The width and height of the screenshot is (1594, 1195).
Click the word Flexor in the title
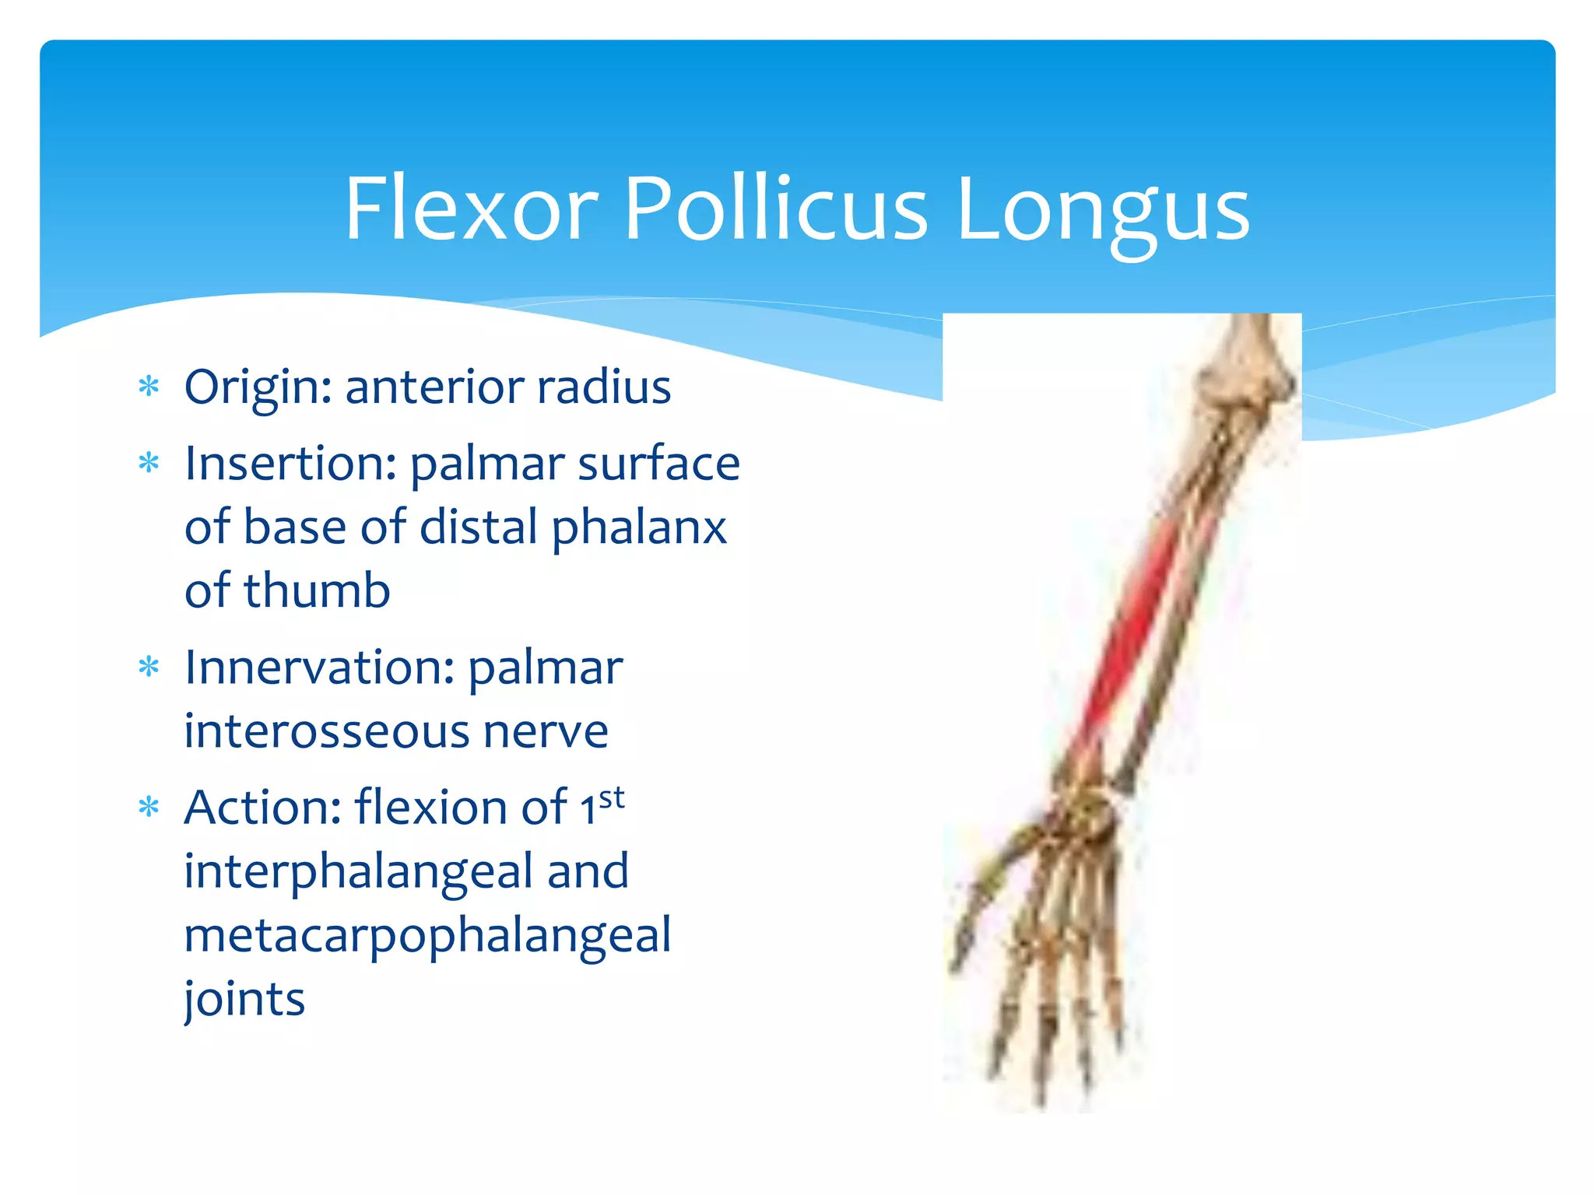pos(471,209)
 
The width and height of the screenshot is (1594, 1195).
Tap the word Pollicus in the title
pos(776,209)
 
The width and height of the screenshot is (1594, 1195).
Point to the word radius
pos(602,387)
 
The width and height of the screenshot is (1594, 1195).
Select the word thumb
pos(317,590)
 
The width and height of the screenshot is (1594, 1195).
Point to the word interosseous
pos(326,731)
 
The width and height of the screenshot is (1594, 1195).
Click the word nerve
pos(545,731)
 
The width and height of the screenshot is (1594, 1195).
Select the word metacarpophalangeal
pos(427,936)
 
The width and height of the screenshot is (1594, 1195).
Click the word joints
pos(244,999)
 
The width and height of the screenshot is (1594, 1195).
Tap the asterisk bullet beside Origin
pos(148,387)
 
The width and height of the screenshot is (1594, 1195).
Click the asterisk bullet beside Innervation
pos(148,667)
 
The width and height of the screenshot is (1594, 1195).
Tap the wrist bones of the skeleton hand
pos(1086,817)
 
